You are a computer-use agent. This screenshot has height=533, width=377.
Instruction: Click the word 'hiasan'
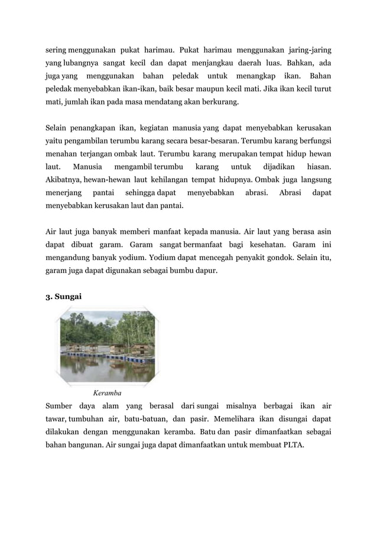pos(317,167)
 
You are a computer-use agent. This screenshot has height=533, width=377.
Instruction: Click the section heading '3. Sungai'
pos(64,297)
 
